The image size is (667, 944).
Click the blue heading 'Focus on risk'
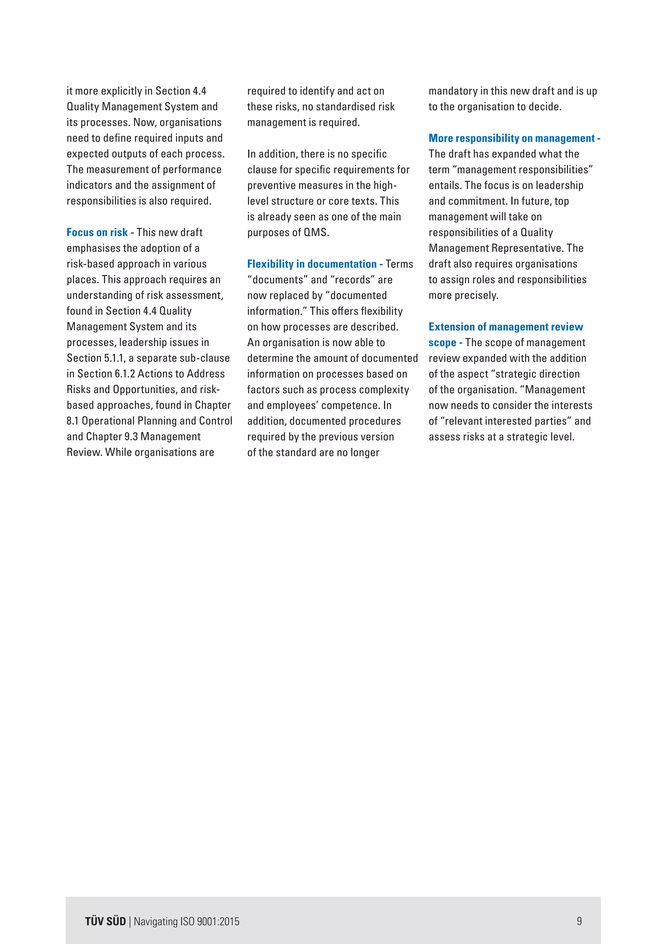tap(97, 232)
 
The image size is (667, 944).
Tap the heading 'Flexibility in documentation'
tap(312, 264)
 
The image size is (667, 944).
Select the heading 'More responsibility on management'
tap(511, 138)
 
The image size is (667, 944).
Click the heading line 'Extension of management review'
tap(505, 327)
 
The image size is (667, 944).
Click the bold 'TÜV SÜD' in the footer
tap(106, 922)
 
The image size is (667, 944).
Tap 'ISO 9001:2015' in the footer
tap(209, 922)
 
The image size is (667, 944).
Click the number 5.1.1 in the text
tap(114, 358)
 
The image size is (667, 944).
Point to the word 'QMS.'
tap(316, 232)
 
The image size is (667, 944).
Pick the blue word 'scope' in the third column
tap(442, 343)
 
